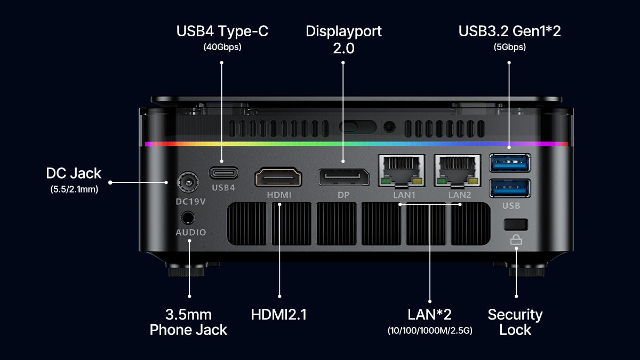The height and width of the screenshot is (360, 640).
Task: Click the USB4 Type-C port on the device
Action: [x=223, y=173]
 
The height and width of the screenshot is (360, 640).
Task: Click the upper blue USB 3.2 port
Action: [x=510, y=162]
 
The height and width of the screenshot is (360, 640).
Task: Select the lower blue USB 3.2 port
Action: [x=510, y=188]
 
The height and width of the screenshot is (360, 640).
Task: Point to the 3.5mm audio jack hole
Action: [x=188, y=218]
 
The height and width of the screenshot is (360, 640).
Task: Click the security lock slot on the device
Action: [x=516, y=223]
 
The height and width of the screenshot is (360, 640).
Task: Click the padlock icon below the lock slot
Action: [x=516, y=240]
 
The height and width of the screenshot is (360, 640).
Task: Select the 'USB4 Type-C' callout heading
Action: [x=222, y=31]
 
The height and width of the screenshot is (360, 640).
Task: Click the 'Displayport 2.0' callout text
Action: [x=343, y=39]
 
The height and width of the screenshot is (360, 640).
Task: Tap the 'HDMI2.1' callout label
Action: [x=279, y=315]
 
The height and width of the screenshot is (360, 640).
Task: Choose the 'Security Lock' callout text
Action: [x=515, y=322]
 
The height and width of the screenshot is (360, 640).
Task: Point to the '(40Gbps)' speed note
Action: [x=222, y=47]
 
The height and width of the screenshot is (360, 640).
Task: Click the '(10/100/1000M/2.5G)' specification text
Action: [x=430, y=331]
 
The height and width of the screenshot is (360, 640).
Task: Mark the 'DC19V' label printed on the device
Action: [x=190, y=202]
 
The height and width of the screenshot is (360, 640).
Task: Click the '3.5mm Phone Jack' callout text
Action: [x=188, y=322]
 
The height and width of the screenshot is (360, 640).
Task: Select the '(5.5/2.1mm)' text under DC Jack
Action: [x=74, y=188]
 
